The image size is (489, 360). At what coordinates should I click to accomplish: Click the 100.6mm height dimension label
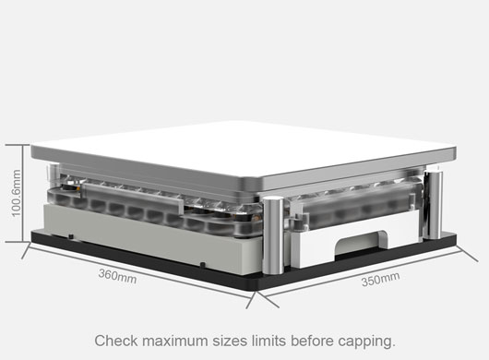16,193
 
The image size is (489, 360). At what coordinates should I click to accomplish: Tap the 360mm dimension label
117,276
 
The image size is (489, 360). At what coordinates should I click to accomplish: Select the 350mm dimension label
380,279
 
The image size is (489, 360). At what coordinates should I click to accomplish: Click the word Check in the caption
116,341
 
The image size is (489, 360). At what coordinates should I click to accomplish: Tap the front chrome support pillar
273,235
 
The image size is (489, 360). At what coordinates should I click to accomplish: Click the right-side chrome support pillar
433,205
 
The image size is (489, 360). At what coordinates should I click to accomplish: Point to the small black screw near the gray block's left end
71,236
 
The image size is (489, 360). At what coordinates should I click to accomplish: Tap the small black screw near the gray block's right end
202,265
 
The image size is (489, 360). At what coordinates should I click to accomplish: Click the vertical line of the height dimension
23,193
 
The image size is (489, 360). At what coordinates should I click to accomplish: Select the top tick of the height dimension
18,145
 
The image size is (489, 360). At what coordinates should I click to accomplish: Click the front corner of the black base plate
256,291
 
